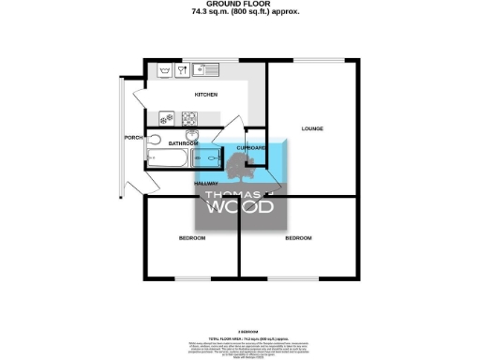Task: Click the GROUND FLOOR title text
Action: (239, 4)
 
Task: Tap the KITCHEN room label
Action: (205, 95)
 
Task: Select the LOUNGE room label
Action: (312, 127)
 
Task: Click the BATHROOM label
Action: (183, 143)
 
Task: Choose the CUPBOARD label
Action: (251, 148)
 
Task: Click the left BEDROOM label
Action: (192, 238)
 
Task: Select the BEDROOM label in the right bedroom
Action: (298, 238)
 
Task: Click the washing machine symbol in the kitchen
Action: (165, 70)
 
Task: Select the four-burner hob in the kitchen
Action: (189, 118)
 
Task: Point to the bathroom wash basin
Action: (193, 135)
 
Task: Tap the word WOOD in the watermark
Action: (240, 206)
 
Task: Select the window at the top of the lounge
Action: (312, 60)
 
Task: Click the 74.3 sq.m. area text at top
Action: (239, 12)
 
